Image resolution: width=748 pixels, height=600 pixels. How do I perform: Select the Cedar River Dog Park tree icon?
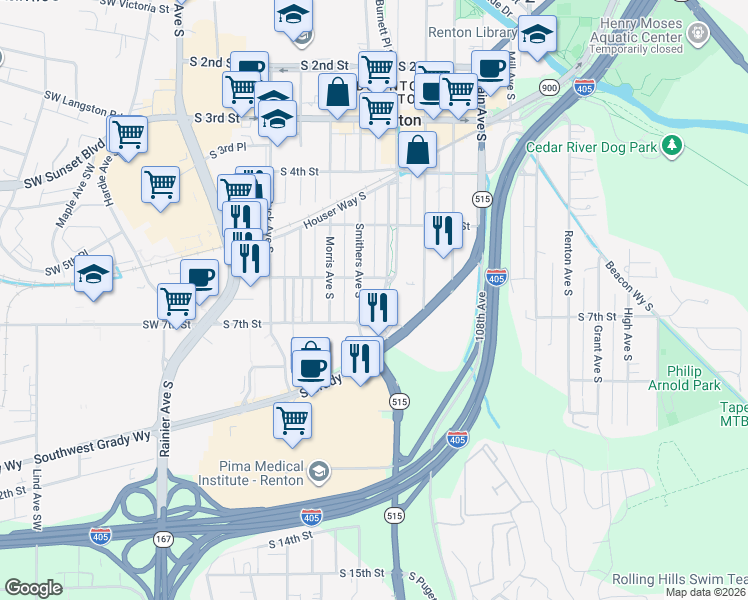(x=674, y=148)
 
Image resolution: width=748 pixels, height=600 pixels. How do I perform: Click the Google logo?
(x=34, y=588)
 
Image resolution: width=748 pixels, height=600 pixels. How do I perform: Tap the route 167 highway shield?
(x=162, y=539)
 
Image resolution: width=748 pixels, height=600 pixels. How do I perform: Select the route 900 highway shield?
(x=549, y=87)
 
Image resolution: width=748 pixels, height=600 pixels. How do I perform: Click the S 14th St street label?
(x=291, y=541)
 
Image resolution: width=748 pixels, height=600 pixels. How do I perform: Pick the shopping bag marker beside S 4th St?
(x=417, y=153)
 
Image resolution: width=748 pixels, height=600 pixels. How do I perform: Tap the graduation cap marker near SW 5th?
(x=93, y=275)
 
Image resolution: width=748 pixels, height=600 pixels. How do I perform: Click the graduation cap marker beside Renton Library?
(x=538, y=37)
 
